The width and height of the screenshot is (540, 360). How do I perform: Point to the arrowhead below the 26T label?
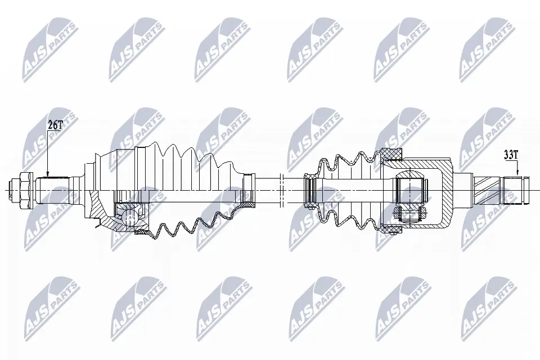point(48,175)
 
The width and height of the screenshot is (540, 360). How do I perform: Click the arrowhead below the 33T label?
point(517,173)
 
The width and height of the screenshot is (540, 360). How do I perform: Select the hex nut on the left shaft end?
point(26,190)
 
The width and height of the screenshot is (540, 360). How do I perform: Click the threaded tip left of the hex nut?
point(15,190)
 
